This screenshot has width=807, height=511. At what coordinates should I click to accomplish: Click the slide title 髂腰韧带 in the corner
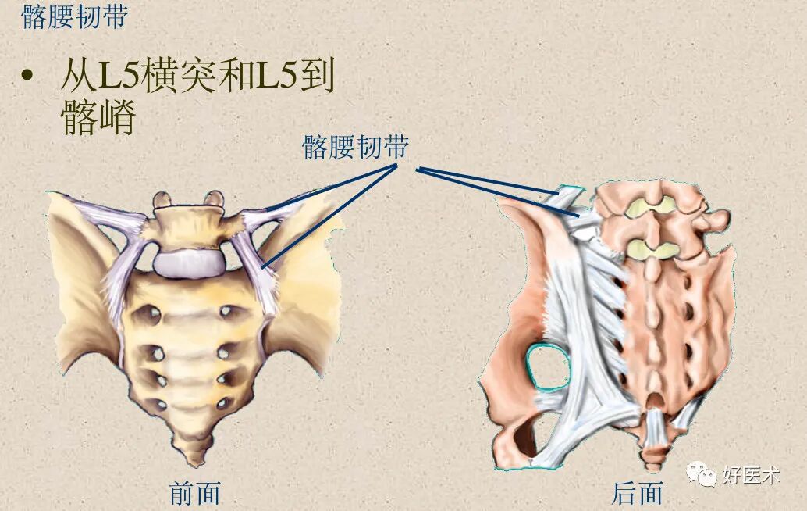coord(74,18)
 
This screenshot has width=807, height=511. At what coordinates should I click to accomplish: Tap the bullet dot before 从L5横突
coord(30,77)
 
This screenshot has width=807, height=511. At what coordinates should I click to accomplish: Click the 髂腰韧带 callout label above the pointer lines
coord(355,147)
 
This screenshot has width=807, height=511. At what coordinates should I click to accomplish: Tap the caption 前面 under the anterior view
coord(195,492)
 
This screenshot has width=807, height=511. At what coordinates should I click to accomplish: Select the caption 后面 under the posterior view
coord(638,492)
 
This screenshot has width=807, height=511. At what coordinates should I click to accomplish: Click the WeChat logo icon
coord(700,473)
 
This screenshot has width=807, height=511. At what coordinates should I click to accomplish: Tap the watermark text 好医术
coord(751,474)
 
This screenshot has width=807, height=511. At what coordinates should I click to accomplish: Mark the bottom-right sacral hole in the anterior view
coord(223,403)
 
